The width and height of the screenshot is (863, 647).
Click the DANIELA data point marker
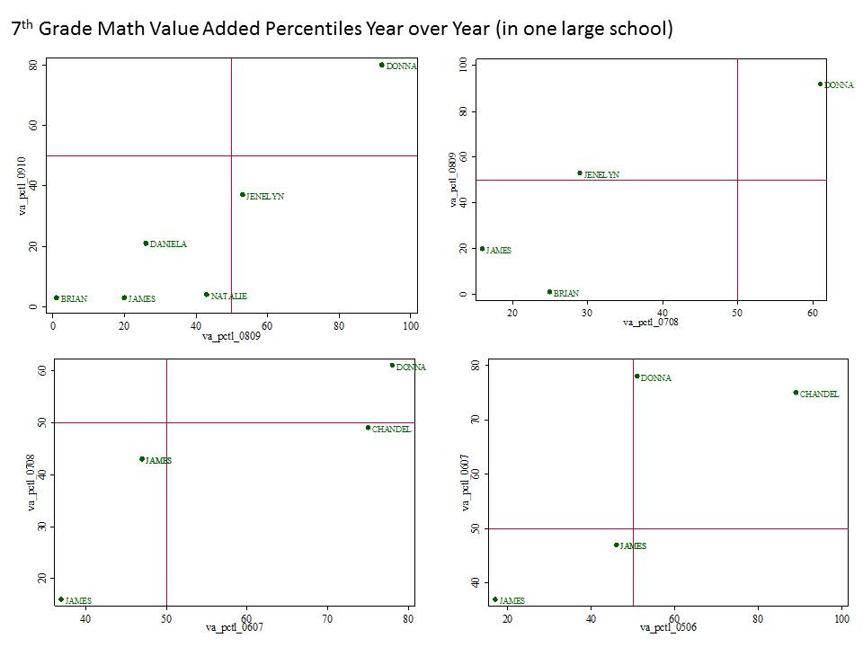[146, 244]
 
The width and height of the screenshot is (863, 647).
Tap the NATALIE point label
[228, 296]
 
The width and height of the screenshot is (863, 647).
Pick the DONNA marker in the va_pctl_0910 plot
[381, 65]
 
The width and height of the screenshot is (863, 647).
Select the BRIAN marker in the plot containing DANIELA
[56, 297]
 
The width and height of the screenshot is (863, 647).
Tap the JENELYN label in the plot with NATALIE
[264, 196]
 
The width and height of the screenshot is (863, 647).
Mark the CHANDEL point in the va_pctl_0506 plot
[796, 393]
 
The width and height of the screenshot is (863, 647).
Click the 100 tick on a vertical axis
[463, 65]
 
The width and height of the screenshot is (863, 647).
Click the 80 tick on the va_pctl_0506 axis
[758, 619]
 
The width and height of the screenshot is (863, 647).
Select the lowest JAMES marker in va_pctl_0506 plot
[494, 599]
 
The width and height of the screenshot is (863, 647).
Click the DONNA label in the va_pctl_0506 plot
[655, 378]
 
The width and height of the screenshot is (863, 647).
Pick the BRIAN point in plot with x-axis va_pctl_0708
[549, 292]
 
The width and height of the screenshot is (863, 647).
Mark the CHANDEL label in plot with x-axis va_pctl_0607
[391, 430]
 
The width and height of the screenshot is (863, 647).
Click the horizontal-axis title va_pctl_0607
[233, 626]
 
